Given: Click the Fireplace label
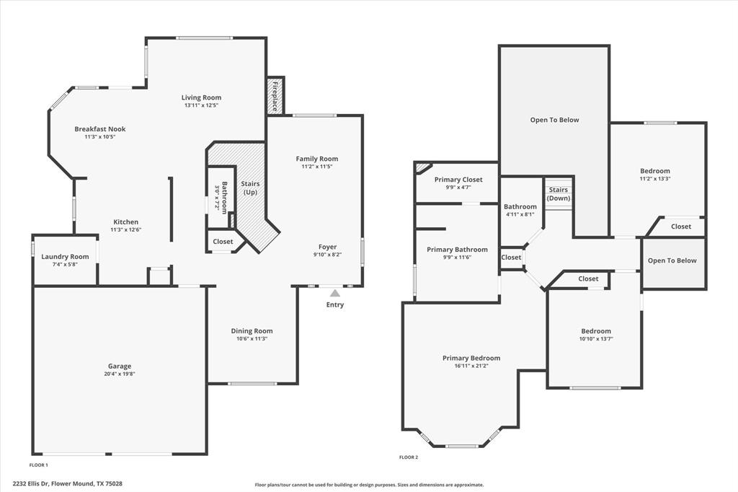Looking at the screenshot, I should point(275,95).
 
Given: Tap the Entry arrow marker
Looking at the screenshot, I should point(334,293).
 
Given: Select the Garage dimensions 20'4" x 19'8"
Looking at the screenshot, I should point(120,374).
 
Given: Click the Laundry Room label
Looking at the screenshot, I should point(65,257).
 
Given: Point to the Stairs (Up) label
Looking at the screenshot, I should point(250,188).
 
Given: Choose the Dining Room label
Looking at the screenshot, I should point(252,331).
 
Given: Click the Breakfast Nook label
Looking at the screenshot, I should point(99,129).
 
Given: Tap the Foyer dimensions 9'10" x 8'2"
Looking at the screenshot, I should point(328,255).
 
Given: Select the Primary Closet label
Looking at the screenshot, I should point(458,180).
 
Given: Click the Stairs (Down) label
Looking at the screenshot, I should point(558,194).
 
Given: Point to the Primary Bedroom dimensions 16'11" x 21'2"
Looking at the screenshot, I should point(471,366).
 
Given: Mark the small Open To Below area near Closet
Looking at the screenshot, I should point(672,260).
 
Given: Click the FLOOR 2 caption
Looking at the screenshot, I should point(409,457).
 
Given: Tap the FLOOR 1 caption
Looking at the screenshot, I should point(39,465).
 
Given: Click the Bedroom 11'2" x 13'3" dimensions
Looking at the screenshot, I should point(655,179).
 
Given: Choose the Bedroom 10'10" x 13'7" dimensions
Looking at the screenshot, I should point(596,339).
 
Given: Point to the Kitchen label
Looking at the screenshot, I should point(125,222).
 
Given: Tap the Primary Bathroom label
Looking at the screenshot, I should point(457,250).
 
